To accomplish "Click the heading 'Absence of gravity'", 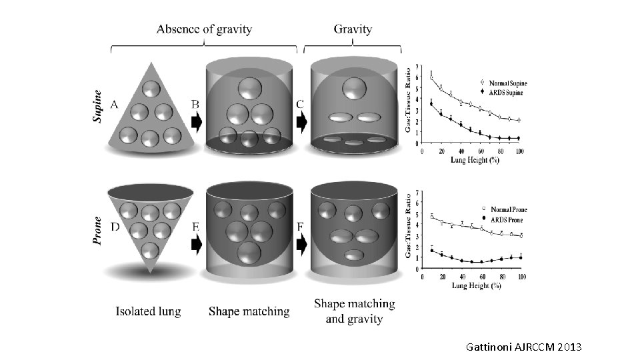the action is (203, 29).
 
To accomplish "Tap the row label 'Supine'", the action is (98, 107).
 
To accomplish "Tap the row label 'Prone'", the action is (98, 230).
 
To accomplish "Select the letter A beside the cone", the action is (115, 105).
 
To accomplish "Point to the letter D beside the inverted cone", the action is (115, 227).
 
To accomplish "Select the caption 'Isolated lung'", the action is (148, 311).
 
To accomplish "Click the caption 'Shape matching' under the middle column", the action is (249, 311).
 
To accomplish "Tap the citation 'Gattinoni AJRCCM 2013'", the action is (524, 347).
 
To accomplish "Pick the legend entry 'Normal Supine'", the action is (503, 84).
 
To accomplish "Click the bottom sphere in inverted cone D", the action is (151, 251).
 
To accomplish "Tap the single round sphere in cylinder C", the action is (354, 88).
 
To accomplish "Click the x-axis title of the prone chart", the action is (477, 285).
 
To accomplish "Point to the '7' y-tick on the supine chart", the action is (418, 66).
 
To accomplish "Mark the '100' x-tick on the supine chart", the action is (519, 153).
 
